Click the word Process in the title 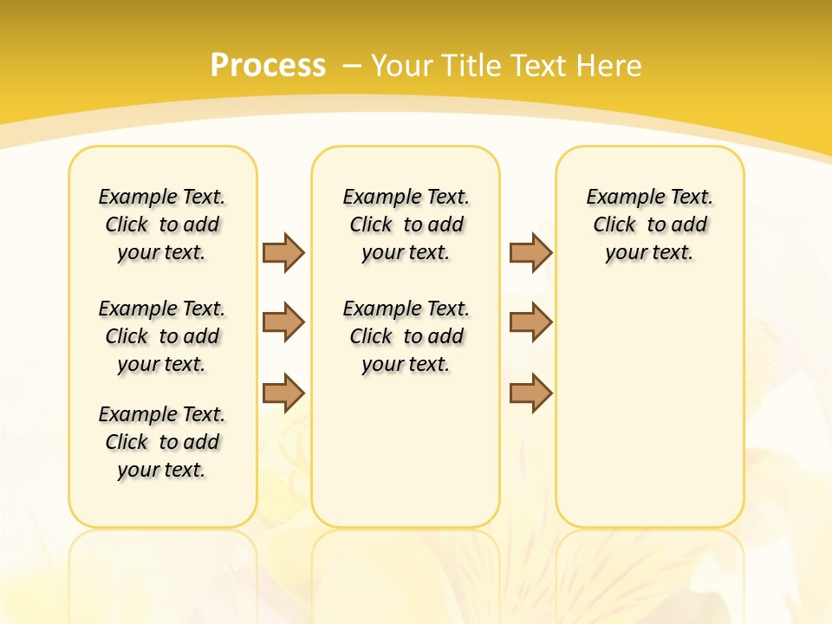coord(268,66)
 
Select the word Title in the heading coord(472,66)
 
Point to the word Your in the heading coord(403,66)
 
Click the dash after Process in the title coord(351,67)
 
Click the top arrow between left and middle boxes coord(283,252)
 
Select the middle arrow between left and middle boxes coord(283,322)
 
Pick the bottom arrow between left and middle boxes coord(283,393)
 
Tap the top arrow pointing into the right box coord(530,252)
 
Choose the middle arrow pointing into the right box coord(530,322)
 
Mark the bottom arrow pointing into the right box coord(530,393)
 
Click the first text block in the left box coord(162,224)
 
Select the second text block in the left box coord(162,336)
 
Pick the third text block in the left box coord(162,442)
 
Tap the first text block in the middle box coord(406,224)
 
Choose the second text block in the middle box coord(406,336)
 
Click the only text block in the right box coord(650,224)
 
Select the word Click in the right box coord(614,225)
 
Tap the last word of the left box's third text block coord(183,471)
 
